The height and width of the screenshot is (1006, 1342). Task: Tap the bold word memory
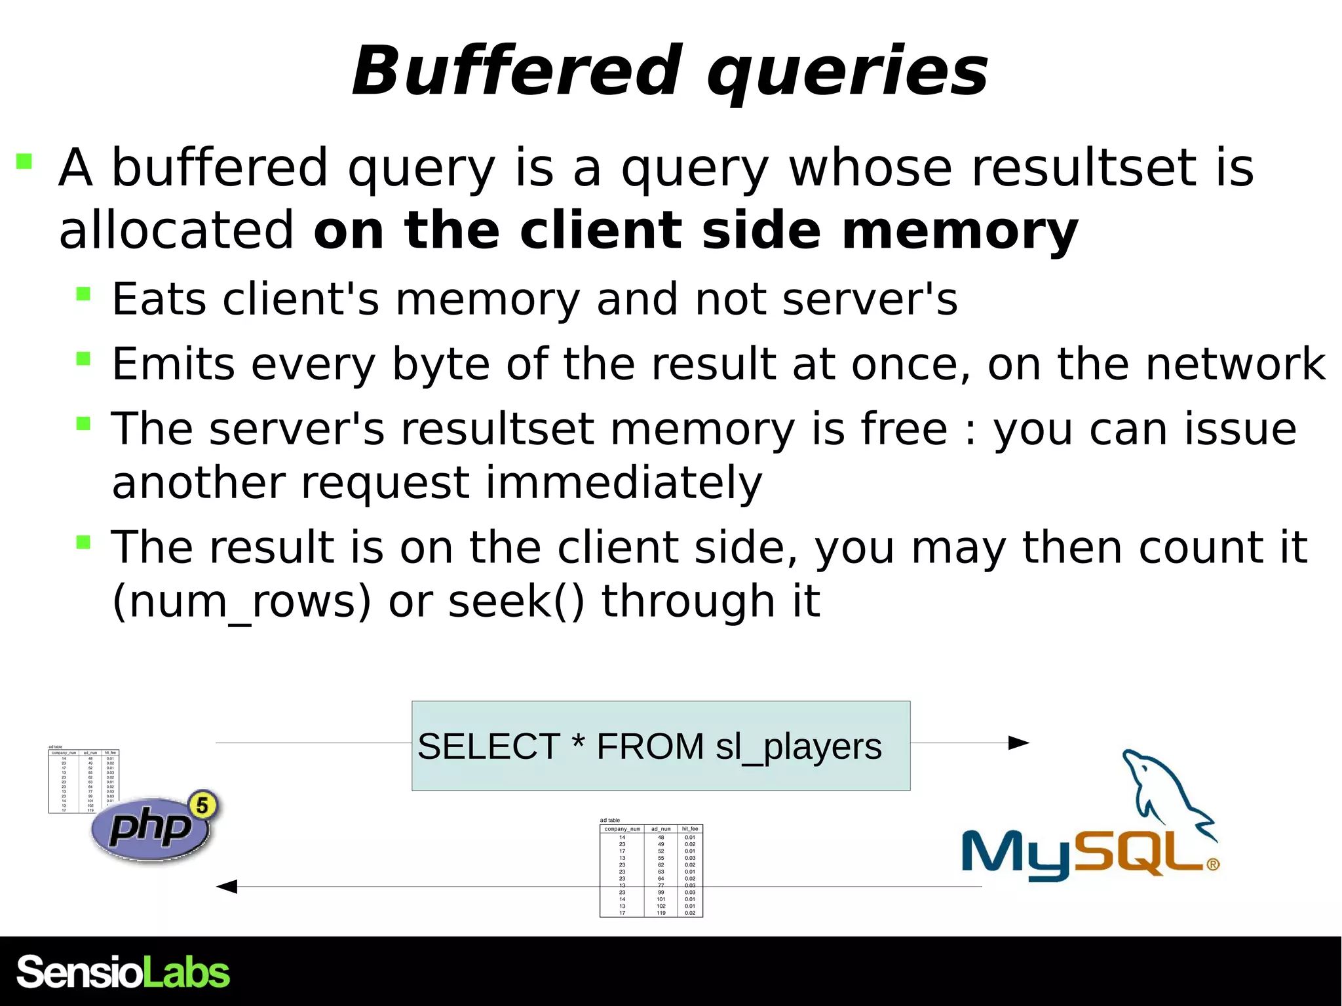[960, 230]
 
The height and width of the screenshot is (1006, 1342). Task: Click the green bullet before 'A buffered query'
[24, 161]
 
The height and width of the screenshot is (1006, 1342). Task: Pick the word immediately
[624, 483]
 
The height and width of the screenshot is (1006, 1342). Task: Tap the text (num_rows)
[242, 602]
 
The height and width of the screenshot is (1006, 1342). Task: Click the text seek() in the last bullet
[516, 602]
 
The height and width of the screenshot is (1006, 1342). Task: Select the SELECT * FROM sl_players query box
[661, 745]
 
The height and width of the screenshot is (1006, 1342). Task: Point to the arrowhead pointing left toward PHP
[227, 887]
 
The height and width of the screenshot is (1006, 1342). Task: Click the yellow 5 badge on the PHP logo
[203, 805]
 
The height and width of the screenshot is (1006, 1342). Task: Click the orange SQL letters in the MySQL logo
[1140, 853]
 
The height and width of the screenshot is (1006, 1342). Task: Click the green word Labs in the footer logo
[187, 973]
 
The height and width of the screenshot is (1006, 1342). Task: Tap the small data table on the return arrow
[651, 870]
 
